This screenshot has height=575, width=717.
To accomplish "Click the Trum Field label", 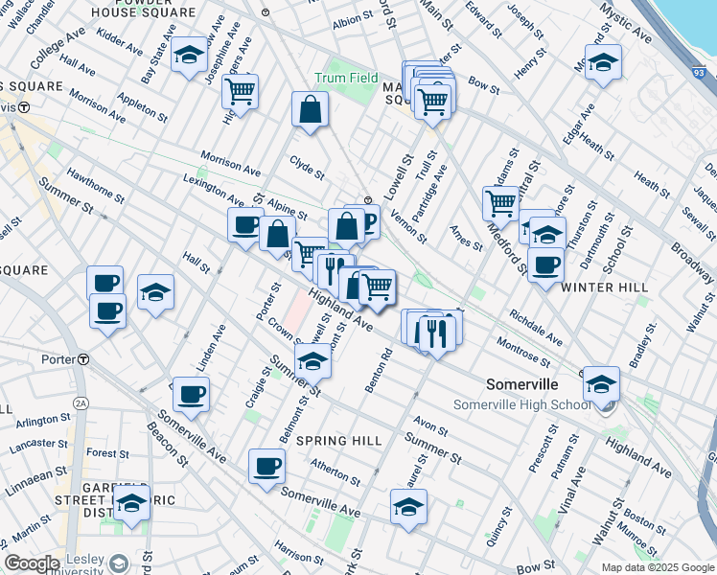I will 340,78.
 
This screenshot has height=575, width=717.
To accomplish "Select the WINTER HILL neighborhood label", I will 604,287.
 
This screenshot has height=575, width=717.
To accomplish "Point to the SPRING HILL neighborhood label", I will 338,441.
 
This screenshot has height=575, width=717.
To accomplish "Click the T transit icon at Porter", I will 83,359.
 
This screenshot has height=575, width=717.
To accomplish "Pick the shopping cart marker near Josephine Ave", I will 240,92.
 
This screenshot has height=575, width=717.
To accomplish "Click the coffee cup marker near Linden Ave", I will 192,394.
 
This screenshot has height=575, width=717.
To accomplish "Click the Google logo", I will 32,563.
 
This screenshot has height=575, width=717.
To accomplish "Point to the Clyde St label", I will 308,168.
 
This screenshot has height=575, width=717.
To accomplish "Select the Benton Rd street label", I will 380,369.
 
